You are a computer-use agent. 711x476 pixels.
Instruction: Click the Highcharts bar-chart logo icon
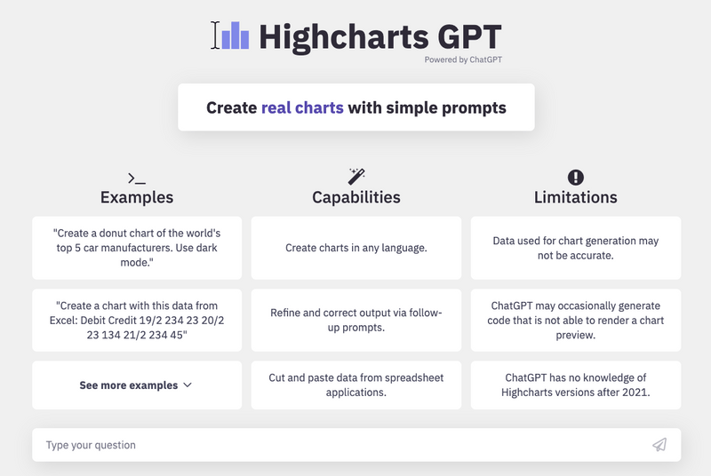coord(235,36)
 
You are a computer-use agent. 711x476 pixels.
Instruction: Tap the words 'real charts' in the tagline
coord(302,107)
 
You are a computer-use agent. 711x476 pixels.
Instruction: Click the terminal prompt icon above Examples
coord(137,178)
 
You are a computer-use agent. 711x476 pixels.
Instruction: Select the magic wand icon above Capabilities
coord(356,176)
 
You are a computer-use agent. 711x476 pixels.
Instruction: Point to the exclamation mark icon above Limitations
coord(576,177)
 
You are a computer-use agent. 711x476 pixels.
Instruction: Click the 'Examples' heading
coord(137,197)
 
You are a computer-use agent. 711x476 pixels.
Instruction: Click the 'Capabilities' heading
coord(356,197)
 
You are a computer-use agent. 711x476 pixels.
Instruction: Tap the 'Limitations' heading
coord(576,197)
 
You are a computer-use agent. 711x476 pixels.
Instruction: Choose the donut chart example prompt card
coord(137,248)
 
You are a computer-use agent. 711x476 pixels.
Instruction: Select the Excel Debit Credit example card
coord(137,320)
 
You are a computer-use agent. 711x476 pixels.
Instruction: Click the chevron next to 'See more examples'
coord(187,385)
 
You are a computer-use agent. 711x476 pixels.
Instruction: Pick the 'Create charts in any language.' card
coord(356,248)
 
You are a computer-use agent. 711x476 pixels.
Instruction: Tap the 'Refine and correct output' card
coord(356,320)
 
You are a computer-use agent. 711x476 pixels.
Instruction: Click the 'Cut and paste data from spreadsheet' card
coord(356,385)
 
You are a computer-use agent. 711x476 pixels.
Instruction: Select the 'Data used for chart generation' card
coord(576,248)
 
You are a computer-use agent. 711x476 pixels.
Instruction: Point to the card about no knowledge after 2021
coord(576,385)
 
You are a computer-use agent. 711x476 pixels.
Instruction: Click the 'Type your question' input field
coord(338,445)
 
